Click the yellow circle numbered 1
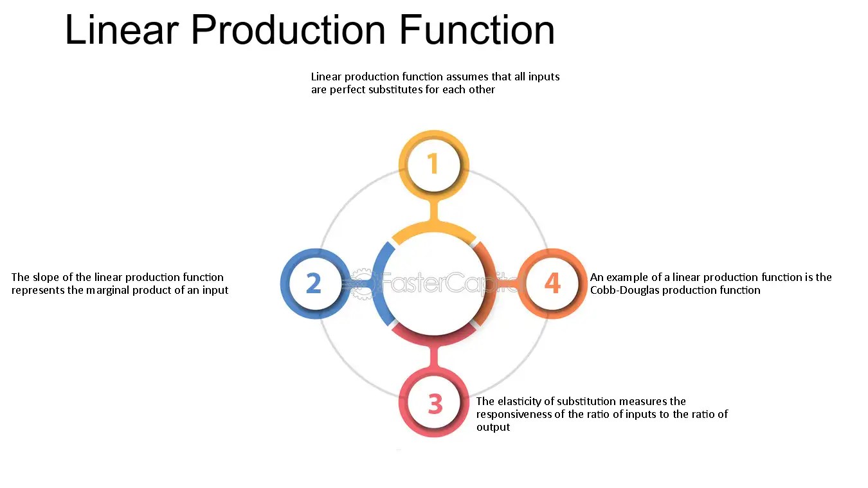click(434, 164)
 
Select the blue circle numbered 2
click(314, 283)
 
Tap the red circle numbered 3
click(435, 404)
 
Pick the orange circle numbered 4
click(552, 283)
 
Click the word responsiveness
click(520, 414)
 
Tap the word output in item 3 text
click(493, 427)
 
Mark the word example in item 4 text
click(627, 277)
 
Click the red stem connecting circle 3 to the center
click(435, 357)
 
